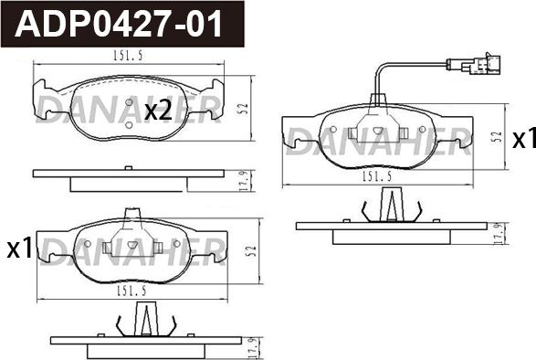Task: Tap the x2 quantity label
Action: (159, 111)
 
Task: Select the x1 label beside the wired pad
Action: (522, 139)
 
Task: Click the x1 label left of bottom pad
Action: (19, 248)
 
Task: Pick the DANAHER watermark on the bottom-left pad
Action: (132, 249)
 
